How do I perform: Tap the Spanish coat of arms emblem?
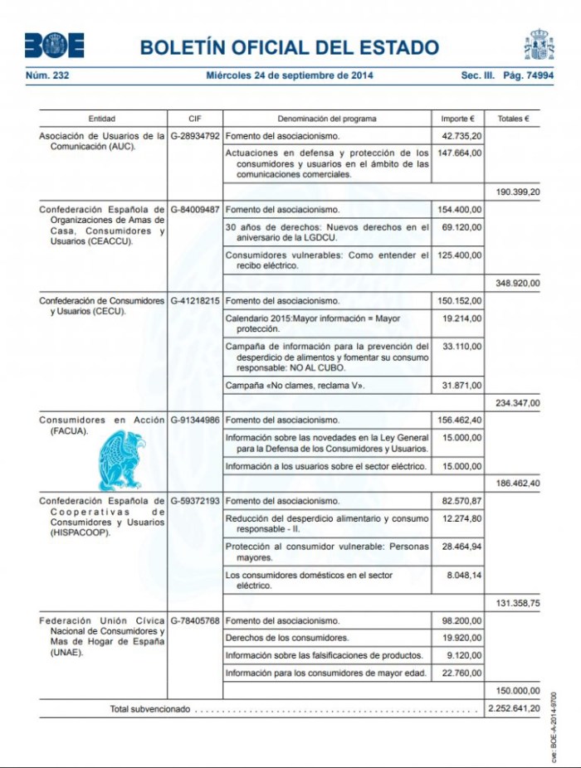tap(539, 45)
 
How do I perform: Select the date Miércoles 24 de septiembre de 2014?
tap(290, 75)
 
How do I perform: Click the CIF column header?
tap(195, 119)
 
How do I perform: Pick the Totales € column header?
tap(513, 119)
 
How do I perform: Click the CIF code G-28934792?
tap(195, 134)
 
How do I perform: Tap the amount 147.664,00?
tap(459, 153)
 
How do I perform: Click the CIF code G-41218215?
tap(195, 300)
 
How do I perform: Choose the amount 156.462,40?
tap(459, 420)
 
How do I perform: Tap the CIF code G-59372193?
tap(195, 502)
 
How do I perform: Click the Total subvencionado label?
tap(150, 709)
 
